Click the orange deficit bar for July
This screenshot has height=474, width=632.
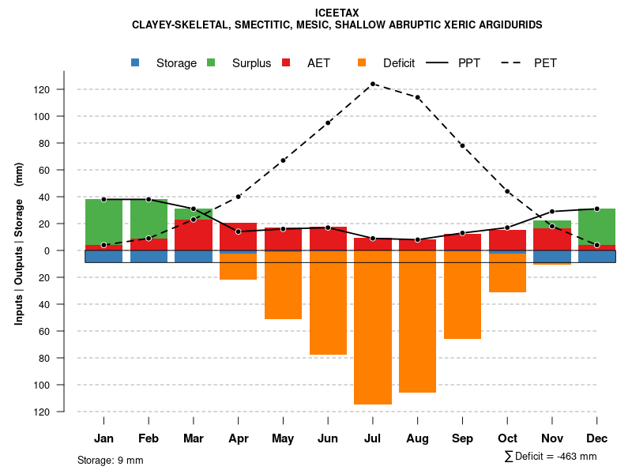(x=373, y=327)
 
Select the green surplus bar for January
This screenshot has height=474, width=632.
(x=103, y=222)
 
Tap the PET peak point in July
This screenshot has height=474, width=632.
(x=373, y=84)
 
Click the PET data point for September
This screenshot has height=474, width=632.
(x=462, y=145)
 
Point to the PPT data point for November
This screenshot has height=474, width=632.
(x=552, y=212)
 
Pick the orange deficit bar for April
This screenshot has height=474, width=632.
(x=238, y=267)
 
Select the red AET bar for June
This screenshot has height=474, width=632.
(x=328, y=239)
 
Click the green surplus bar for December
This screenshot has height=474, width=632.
(x=596, y=227)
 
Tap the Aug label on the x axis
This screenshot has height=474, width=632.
(x=418, y=438)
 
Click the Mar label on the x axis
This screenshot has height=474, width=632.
(x=194, y=438)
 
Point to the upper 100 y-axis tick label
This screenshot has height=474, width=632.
(x=63, y=116)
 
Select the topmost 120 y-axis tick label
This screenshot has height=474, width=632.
(x=63, y=89)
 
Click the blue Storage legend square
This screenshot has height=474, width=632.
(x=135, y=62)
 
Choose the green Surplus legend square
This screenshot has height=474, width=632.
(x=211, y=62)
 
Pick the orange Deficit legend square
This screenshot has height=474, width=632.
(x=362, y=62)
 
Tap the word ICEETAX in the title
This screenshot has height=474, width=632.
(x=337, y=13)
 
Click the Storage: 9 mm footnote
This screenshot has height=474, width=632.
(x=111, y=460)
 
